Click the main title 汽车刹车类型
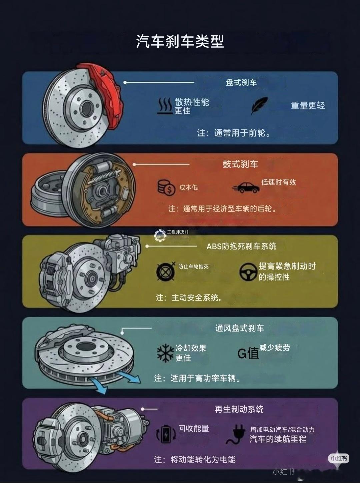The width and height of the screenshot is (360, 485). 180,41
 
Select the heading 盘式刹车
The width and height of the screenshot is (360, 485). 241,82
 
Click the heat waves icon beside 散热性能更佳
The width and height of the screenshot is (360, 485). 165,106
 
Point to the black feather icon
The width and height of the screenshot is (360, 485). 259,106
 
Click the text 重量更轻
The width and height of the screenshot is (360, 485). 308,106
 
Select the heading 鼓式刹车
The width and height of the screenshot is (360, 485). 240,164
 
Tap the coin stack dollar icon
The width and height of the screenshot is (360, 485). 166,187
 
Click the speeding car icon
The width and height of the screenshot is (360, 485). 246,187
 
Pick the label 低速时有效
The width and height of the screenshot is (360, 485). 278,182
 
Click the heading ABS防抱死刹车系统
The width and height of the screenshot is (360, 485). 241,247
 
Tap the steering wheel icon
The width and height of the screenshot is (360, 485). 247,272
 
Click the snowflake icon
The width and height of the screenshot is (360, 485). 165,353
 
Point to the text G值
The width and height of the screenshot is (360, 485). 248,353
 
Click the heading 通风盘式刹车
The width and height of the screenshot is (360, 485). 239,328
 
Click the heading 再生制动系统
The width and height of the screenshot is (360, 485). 239,409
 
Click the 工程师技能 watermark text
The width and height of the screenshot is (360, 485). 177,232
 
